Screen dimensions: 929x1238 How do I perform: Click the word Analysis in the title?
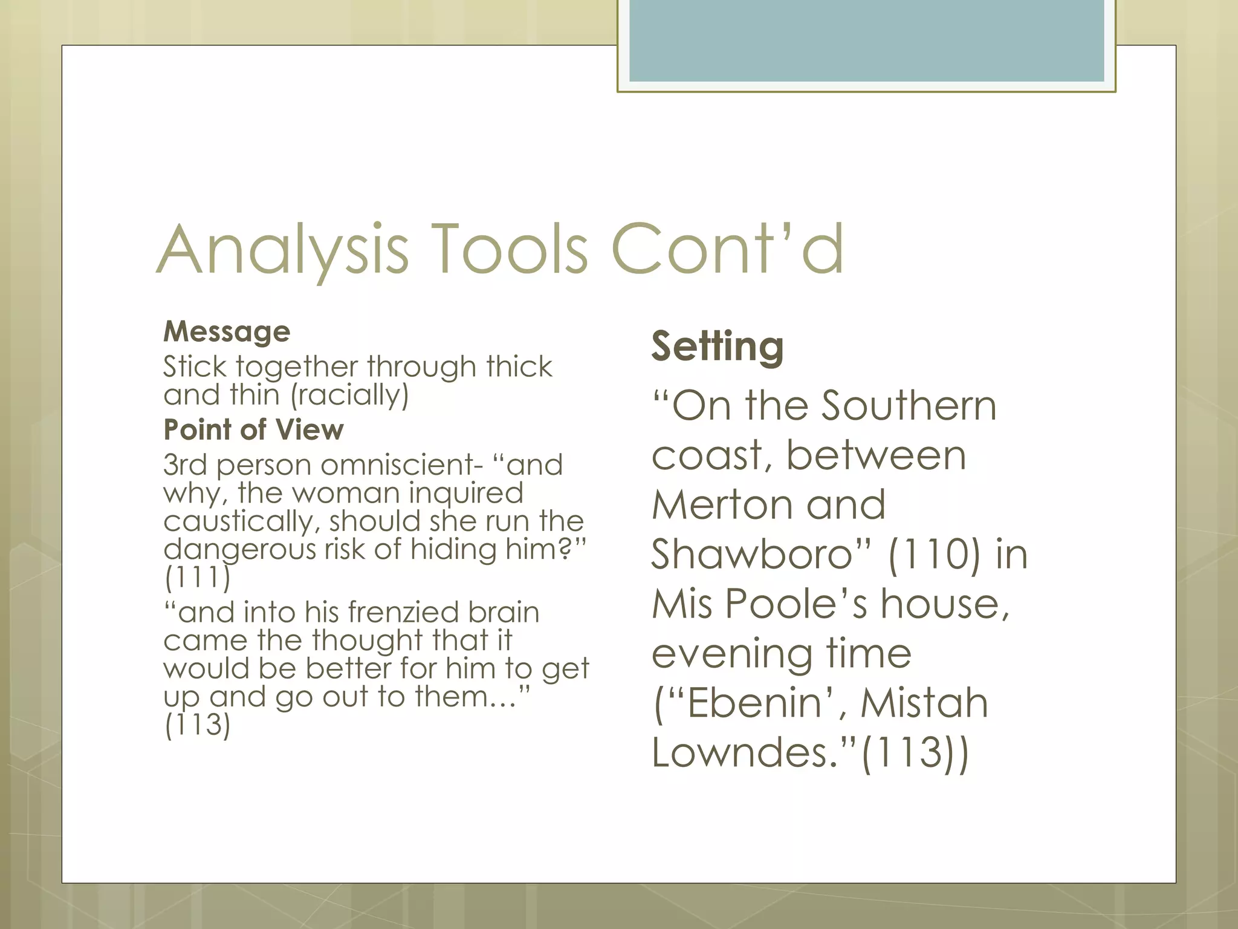pos(283,250)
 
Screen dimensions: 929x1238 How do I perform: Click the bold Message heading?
pos(227,331)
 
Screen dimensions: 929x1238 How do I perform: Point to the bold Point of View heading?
pos(253,429)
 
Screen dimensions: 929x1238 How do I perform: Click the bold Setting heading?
pos(718,346)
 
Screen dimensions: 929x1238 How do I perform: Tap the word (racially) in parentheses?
pos(349,395)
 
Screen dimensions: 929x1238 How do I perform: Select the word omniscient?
pos(401,464)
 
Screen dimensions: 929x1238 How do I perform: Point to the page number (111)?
pos(197,578)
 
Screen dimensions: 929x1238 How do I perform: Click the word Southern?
pos(909,405)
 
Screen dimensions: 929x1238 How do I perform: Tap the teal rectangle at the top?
pos(866,40)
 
